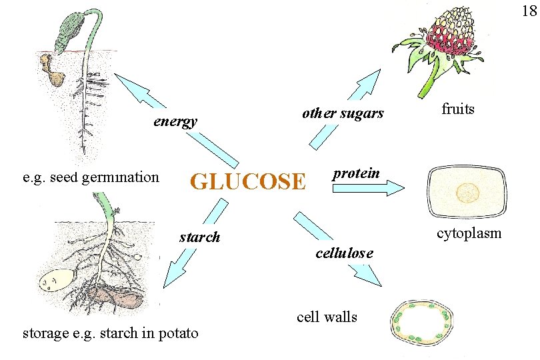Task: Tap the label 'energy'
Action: pyautogui.click(x=175, y=121)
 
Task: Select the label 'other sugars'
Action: pyautogui.click(x=343, y=113)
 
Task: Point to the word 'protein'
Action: pyautogui.click(x=356, y=173)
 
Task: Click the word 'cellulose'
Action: pyautogui.click(x=344, y=253)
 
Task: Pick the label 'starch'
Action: pyautogui.click(x=199, y=237)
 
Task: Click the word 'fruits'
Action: pyautogui.click(x=458, y=109)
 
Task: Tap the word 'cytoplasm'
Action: pyautogui.click(x=469, y=233)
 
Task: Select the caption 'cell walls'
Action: pyautogui.click(x=327, y=317)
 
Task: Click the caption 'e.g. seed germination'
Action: pyautogui.click(x=91, y=177)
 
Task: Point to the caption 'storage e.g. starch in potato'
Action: pyautogui.click(x=110, y=333)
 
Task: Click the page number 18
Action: pyautogui.click(x=528, y=11)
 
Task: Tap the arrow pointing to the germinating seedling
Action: pyautogui.click(x=177, y=120)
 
